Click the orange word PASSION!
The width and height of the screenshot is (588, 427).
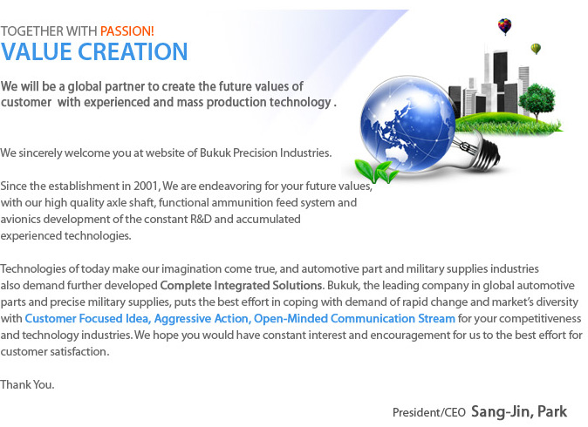tap(127, 31)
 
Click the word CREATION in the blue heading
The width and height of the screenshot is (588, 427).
tap(133, 51)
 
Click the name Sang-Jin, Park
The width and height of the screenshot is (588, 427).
tap(519, 411)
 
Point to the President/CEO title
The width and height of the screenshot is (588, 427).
tap(429, 413)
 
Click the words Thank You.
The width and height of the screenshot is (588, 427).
tap(27, 384)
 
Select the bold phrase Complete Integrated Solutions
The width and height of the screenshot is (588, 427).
tap(241, 286)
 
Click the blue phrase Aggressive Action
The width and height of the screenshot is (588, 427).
tap(202, 319)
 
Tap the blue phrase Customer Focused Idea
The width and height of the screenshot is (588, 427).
tap(88, 319)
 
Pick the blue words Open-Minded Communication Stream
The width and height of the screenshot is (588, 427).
tap(354, 319)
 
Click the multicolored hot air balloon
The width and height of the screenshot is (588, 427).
tap(505, 26)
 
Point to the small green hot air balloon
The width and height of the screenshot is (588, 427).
tap(536, 49)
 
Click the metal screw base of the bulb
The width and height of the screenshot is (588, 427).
tap(485, 153)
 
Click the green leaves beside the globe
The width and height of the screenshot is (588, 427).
tap(376, 172)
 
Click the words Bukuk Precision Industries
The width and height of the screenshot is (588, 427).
tap(265, 153)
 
